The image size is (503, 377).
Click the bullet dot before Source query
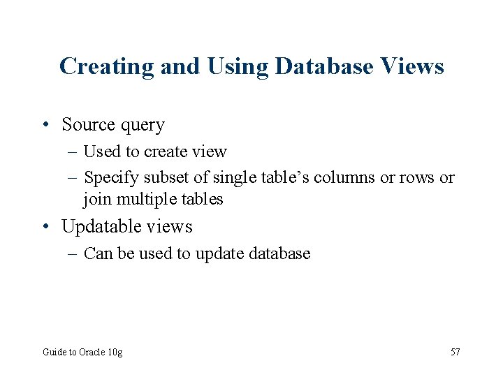(45, 125)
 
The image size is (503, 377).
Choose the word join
(97, 200)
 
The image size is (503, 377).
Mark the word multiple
(145, 200)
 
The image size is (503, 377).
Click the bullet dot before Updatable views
(45, 227)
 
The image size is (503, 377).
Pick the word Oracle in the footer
(93, 353)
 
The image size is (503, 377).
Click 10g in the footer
(116, 353)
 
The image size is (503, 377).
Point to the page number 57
(455, 353)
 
